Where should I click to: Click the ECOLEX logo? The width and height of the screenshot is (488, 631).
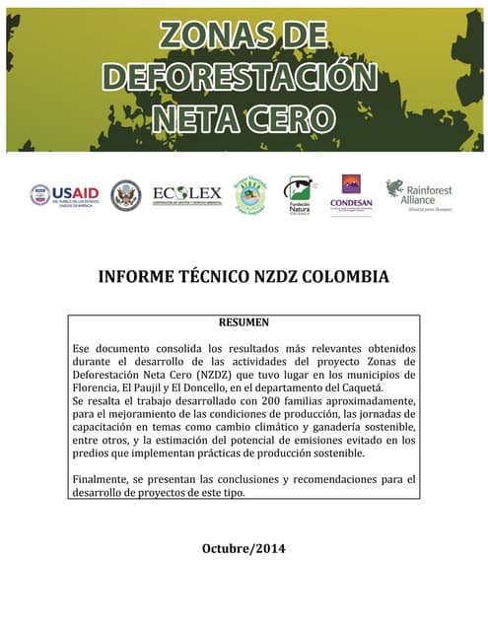click(186, 194)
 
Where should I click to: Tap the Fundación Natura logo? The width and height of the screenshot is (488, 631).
click(300, 194)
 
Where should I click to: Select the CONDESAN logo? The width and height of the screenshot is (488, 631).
click(351, 194)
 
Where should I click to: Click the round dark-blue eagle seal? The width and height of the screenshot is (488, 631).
click(125, 194)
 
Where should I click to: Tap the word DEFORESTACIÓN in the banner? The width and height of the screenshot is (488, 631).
click(242, 77)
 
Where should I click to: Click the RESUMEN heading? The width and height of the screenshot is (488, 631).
click(242, 322)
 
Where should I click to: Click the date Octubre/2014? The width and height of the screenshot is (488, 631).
click(243, 547)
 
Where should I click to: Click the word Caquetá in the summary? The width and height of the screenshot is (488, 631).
click(360, 388)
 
